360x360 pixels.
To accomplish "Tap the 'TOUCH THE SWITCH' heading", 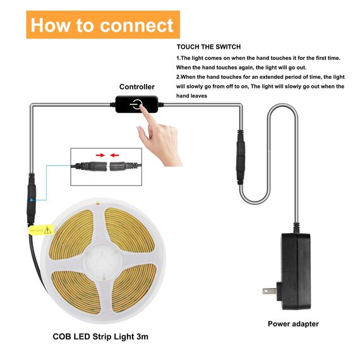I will [208, 47].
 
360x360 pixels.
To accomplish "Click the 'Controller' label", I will [136, 87].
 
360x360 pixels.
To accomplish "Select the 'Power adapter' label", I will [293, 324].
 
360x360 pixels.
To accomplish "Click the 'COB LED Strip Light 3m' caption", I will [101, 337].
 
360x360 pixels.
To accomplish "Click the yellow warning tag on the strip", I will [39, 231].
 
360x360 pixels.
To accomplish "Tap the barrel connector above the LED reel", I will [30, 195].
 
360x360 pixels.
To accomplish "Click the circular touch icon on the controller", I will [137, 104].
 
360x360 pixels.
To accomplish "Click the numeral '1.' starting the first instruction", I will [178, 58].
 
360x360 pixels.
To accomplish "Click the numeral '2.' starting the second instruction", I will [178, 77].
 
